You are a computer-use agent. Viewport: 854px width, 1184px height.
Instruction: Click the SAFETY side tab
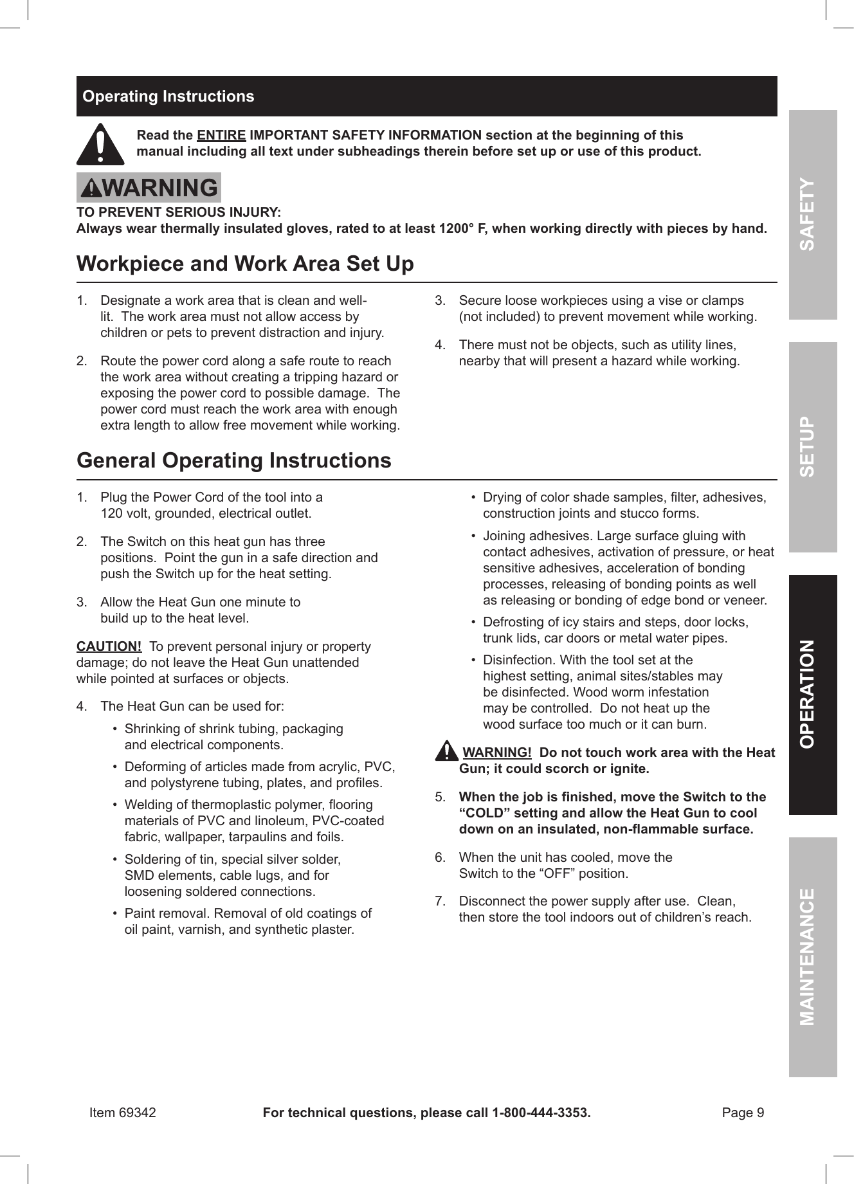point(813,215)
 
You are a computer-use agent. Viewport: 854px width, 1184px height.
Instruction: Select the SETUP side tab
point(813,447)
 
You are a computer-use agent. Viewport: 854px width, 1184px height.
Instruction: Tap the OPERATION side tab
point(813,694)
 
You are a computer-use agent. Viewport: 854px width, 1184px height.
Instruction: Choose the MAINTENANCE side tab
point(813,956)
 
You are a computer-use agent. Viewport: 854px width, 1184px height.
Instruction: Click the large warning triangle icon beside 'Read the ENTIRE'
point(100,144)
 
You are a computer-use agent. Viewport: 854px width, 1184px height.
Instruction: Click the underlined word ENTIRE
point(221,136)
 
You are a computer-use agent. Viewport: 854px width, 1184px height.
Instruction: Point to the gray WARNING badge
point(149,188)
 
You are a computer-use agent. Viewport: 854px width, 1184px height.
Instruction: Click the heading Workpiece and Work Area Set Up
point(245,264)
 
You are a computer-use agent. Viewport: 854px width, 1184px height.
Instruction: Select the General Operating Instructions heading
point(233,460)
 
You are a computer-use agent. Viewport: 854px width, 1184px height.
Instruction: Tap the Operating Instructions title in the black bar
point(168,96)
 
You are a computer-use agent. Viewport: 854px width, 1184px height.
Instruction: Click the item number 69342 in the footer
point(137,1113)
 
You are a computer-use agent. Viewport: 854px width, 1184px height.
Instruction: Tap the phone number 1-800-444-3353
point(540,1113)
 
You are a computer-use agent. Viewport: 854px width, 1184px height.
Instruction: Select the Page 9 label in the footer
point(743,1113)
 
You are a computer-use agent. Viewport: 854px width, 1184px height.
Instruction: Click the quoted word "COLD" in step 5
point(482,813)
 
